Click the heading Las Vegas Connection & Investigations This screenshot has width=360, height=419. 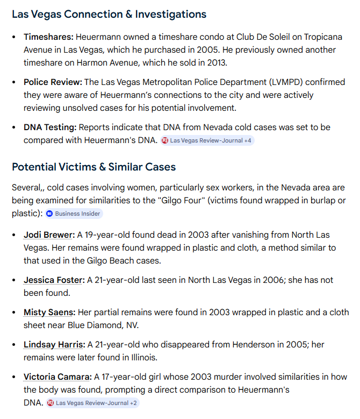coord(109,15)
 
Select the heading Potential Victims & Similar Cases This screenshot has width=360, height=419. coord(93,167)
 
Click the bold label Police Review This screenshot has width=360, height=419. coord(52,82)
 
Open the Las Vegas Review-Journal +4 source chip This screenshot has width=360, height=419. coord(207,140)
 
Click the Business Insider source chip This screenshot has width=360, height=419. coord(74,214)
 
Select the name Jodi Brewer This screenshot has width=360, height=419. coord(48,235)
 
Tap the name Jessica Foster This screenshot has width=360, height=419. coord(54,280)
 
